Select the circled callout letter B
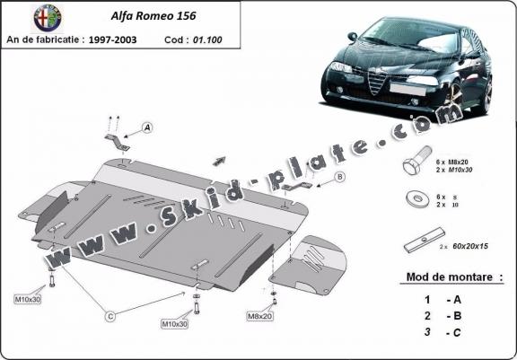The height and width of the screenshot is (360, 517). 339,177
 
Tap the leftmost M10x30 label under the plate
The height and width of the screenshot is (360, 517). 28,298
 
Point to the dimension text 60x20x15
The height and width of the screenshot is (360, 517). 474,244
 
